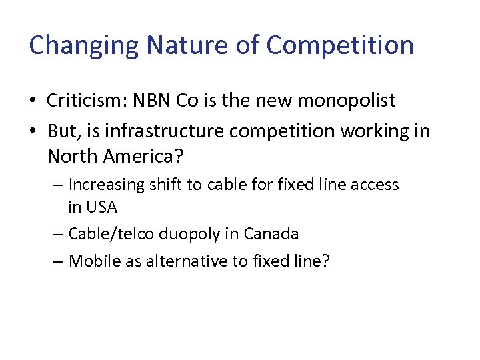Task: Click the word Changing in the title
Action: pos(84,45)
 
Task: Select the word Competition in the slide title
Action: pos(340,45)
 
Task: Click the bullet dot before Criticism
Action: pos(33,101)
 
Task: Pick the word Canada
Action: pos(271,234)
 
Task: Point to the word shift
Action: pos(170,184)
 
